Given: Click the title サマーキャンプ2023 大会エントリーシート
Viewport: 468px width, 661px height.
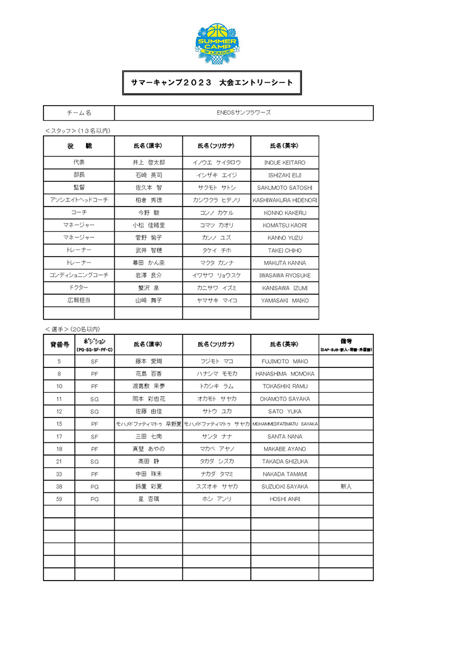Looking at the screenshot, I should (212, 83).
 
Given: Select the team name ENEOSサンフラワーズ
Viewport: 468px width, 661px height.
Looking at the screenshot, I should (244, 113).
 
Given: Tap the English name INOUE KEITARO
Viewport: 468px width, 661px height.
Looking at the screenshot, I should (284, 163).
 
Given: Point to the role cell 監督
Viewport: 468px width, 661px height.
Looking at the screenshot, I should (79, 188).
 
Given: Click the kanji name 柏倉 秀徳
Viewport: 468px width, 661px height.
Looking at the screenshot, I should (149, 201).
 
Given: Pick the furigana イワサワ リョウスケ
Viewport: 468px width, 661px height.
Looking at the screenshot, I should (217, 275).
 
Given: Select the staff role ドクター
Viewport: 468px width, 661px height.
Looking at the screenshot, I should (79, 288).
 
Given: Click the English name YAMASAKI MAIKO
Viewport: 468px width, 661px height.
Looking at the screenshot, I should (284, 301).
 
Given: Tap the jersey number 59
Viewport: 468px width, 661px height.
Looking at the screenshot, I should (59, 499).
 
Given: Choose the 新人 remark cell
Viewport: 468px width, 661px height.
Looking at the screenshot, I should (346, 487).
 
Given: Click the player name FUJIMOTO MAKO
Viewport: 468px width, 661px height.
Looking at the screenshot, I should (284, 362).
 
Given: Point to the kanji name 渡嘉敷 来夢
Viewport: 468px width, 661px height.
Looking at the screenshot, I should (149, 387).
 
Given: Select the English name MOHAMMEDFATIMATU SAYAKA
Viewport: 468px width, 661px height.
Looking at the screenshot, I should (284, 424).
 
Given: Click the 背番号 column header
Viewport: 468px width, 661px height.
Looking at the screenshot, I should (59, 344).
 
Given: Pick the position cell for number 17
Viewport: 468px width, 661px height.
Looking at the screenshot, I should (94, 437).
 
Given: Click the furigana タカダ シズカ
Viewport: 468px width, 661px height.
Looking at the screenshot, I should (217, 462).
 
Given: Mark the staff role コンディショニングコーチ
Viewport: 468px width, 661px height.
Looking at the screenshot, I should (79, 275).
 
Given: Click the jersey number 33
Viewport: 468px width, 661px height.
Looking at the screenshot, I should (59, 474).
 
